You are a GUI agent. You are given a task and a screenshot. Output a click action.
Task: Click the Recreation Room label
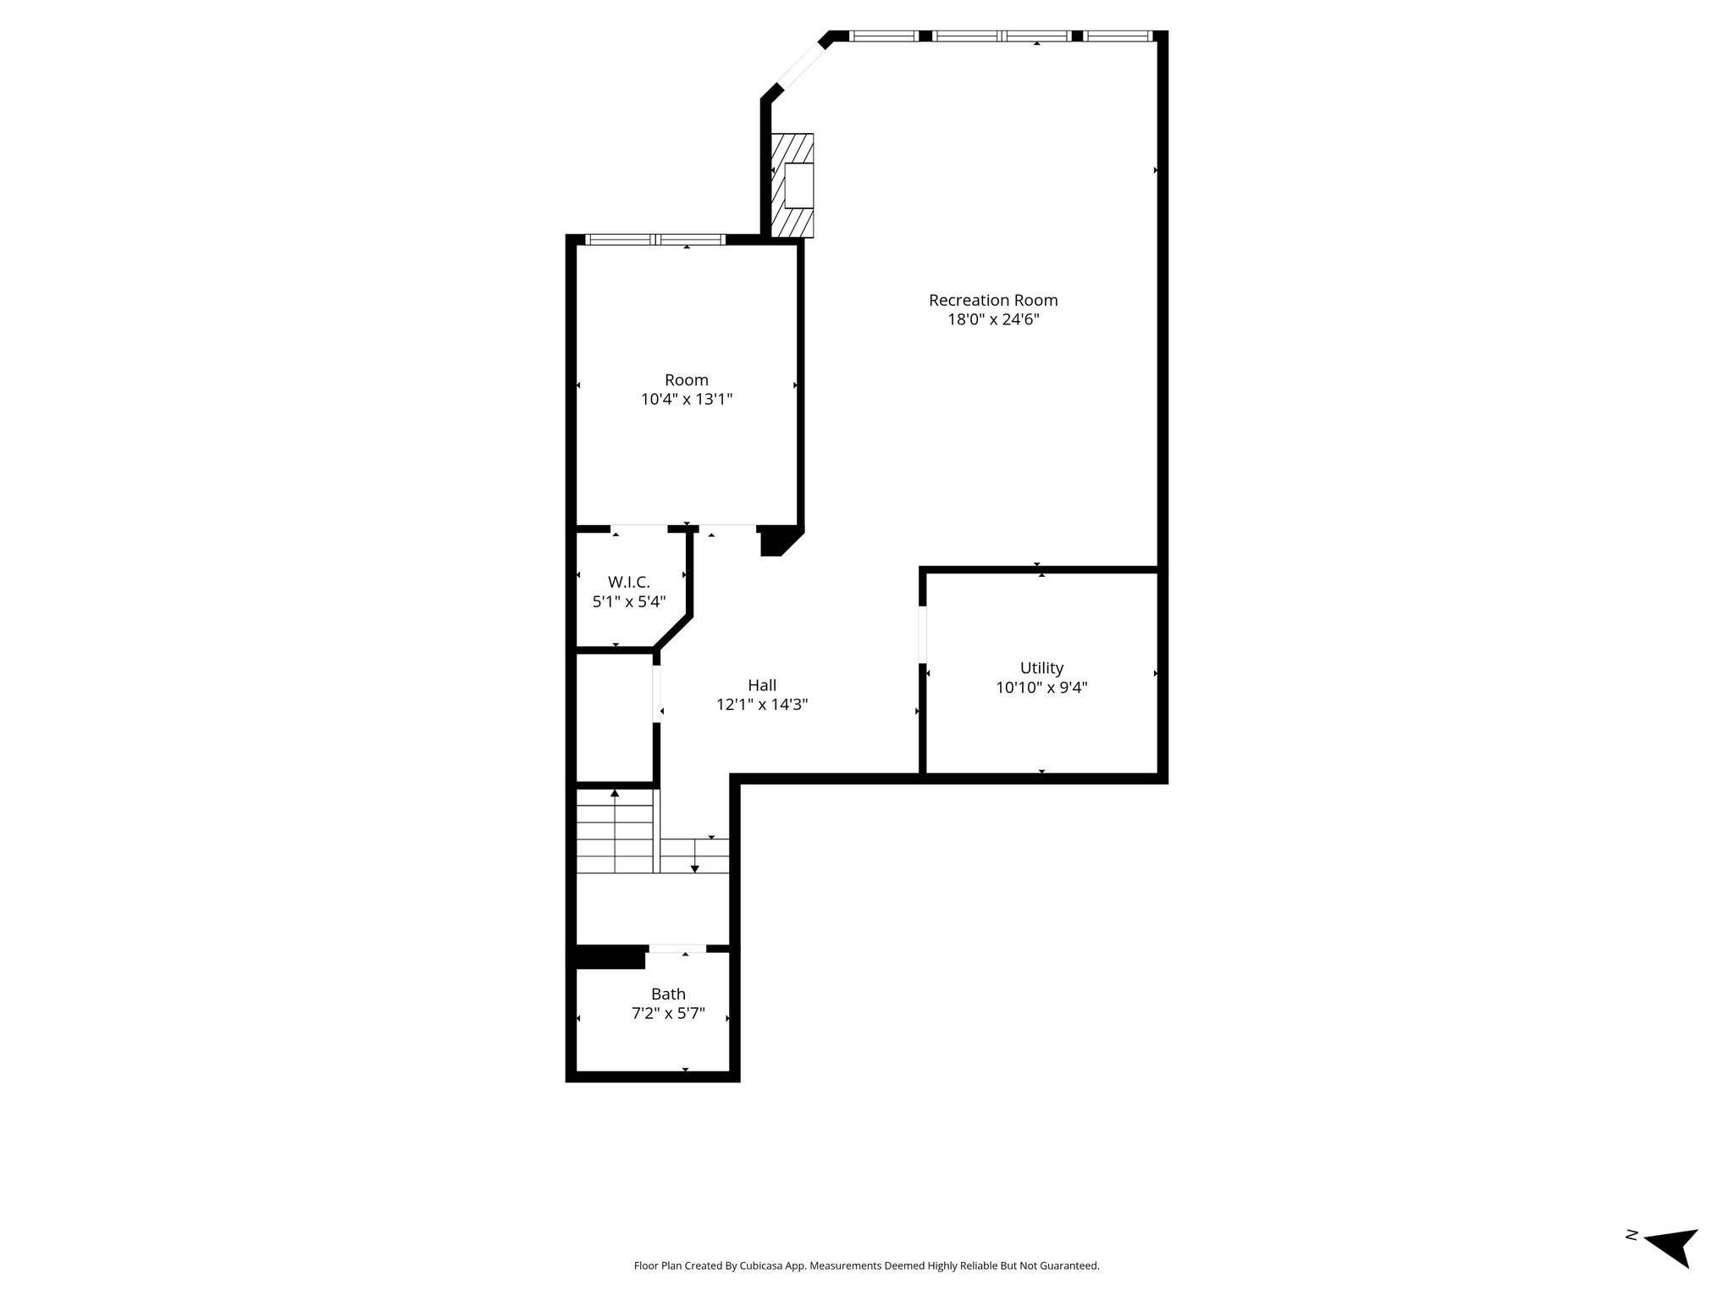click(x=993, y=300)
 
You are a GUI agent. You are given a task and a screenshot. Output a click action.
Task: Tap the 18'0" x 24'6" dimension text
click(x=993, y=319)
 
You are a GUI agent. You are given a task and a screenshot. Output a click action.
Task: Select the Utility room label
click(x=1041, y=668)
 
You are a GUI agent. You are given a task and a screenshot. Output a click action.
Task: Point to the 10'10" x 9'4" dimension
click(x=1041, y=688)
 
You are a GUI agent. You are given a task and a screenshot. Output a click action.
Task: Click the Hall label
click(x=762, y=685)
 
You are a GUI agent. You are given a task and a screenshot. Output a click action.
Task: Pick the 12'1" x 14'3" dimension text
click(x=762, y=705)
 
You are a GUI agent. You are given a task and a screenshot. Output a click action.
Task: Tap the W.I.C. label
click(x=629, y=583)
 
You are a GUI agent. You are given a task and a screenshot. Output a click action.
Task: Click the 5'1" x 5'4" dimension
click(x=629, y=602)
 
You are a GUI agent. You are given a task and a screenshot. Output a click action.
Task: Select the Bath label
click(x=668, y=994)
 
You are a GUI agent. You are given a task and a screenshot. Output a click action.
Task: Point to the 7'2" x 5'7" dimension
click(x=668, y=1014)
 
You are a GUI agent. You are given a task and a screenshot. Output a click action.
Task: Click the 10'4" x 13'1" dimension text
click(x=687, y=400)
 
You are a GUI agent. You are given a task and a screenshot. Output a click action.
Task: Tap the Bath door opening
click(x=677, y=949)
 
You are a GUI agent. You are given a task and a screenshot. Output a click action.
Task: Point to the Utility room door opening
click(x=923, y=634)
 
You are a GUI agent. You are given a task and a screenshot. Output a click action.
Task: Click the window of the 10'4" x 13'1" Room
click(x=656, y=240)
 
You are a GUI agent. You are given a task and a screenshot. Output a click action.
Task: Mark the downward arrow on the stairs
click(x=694, y=855)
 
